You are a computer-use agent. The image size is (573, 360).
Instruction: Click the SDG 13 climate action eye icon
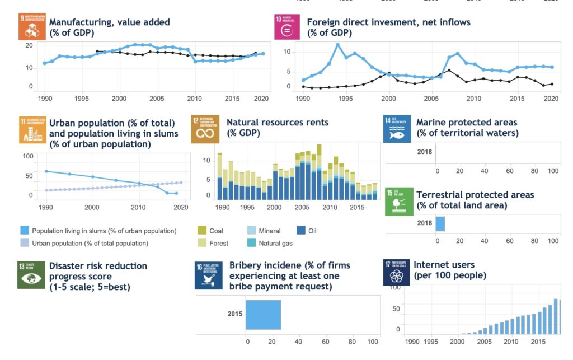click(x=31, y=274)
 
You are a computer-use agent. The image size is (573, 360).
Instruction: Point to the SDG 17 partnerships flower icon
click(x=396, y=272)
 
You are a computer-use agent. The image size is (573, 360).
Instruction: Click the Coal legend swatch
click(x=202, y=231)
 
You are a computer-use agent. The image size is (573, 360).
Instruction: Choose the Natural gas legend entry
click(x=269, y=244)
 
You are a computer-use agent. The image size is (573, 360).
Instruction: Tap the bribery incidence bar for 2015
click(x=263, y=314)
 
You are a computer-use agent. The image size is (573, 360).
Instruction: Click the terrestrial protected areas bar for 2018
click(x=440, y=223)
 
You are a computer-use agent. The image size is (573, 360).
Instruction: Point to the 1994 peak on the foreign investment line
click(x=337, y=45)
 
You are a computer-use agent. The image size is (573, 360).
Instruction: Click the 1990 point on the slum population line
click(x=46, y=171)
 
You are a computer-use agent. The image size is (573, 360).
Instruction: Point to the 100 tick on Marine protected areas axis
click(x=553, y=171)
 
